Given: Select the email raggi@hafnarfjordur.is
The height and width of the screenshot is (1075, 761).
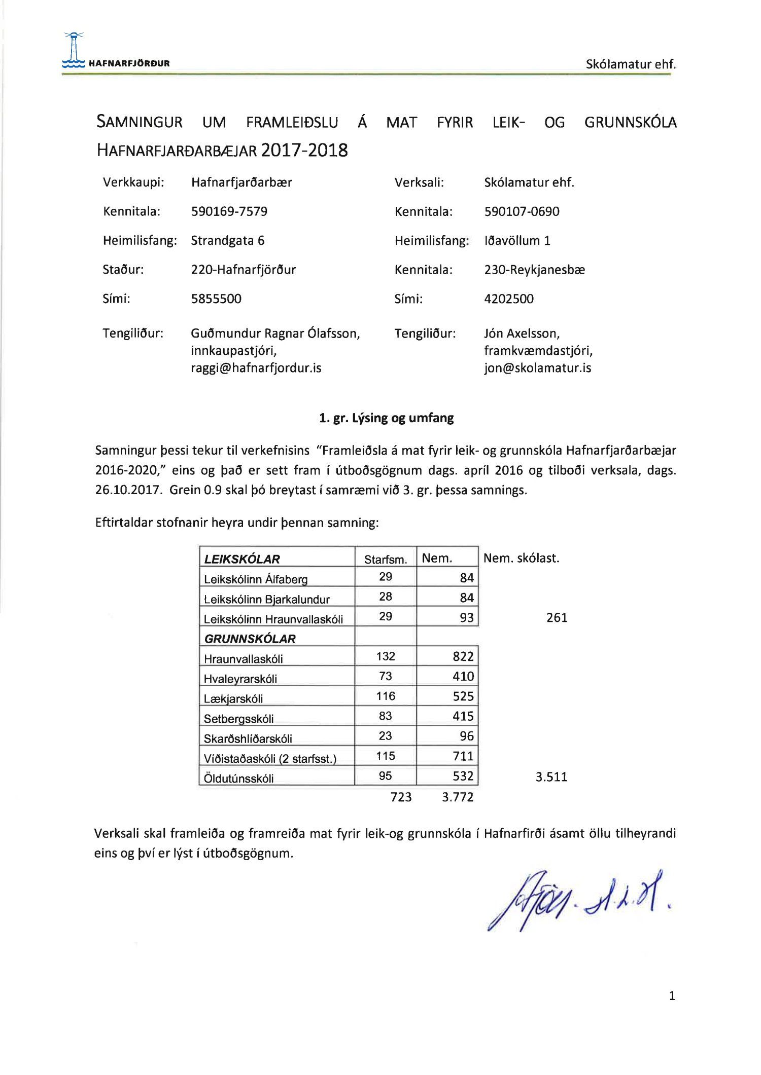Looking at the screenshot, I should point(256,368).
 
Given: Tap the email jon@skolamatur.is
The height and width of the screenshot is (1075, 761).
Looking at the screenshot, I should point(537,368).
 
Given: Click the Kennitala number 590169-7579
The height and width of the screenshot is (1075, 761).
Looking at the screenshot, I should point(229,211).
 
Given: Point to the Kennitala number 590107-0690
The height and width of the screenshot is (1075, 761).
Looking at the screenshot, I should point(522,211).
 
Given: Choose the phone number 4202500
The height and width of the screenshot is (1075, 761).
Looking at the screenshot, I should point(508,299).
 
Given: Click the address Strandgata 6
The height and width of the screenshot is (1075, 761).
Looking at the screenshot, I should point(227,240).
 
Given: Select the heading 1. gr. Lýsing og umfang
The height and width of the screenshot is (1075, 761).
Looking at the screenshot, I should point(386,418).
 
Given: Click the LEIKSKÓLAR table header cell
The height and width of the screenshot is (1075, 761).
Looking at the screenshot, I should point(242,559).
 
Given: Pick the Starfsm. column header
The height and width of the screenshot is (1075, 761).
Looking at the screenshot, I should point(386,560).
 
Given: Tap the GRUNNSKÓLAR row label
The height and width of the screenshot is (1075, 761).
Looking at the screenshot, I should point(250,639).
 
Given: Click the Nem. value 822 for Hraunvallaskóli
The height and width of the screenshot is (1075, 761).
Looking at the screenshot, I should point(463,657).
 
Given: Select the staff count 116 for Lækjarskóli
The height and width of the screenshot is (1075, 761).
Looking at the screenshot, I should point(386,696).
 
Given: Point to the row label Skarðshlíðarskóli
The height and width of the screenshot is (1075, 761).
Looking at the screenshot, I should point(248,738).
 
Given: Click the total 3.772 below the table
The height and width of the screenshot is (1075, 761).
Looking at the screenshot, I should point(457,797).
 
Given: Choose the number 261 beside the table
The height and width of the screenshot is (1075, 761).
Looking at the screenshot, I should point(557,617).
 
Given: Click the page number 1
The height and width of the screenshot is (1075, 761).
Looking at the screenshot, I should point(672,996).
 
